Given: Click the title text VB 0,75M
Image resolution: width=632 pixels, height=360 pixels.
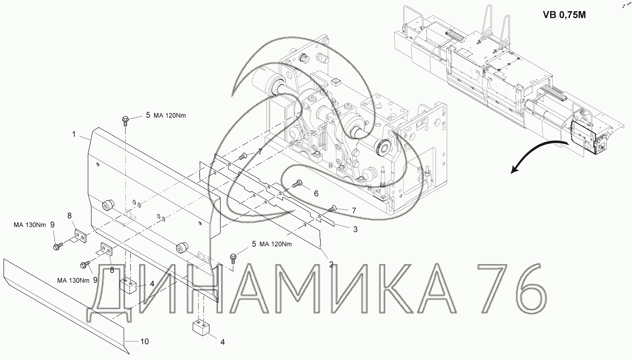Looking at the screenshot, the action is pos(564,15).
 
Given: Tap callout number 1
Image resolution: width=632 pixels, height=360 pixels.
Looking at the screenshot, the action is pos(74,134).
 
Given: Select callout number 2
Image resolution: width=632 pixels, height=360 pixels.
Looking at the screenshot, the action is pos(331,265).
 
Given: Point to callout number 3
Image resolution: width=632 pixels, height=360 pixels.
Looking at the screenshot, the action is pos(355,229).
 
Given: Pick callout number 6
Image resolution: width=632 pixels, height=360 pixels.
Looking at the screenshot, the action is pos(316,193).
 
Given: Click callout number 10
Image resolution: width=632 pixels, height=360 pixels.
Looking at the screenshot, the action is pos(144,341).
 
